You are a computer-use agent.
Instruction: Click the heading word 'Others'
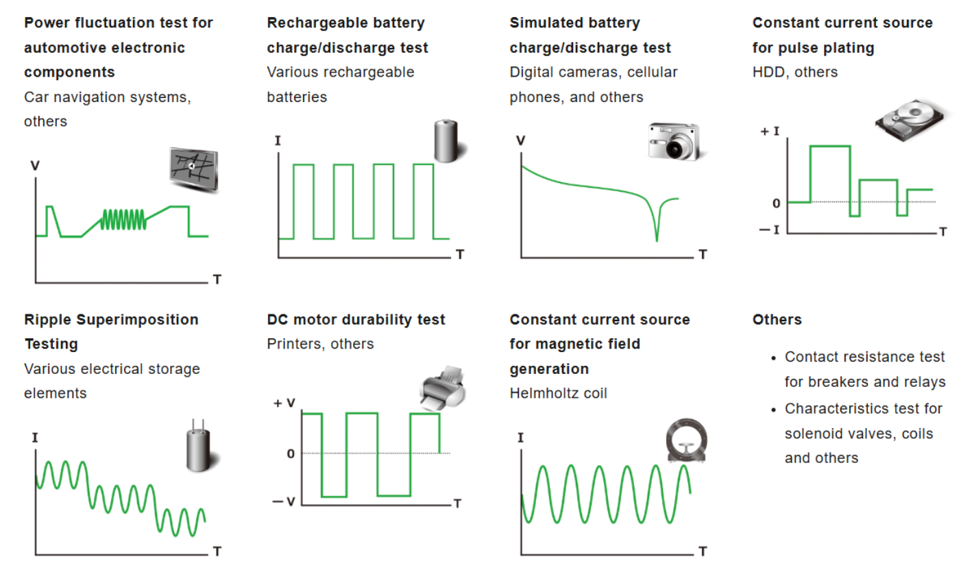point(777,319)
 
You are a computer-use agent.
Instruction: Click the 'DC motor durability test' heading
point(356,319)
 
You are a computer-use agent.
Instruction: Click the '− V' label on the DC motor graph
point(282,502)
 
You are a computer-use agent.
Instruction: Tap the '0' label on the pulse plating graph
point(775,203)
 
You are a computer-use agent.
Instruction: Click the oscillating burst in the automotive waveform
point(123,219)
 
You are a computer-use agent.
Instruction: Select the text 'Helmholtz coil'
point(558,393)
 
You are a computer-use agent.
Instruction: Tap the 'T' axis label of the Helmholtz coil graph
point(703,551)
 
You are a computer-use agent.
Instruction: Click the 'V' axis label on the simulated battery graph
point(520,140)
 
